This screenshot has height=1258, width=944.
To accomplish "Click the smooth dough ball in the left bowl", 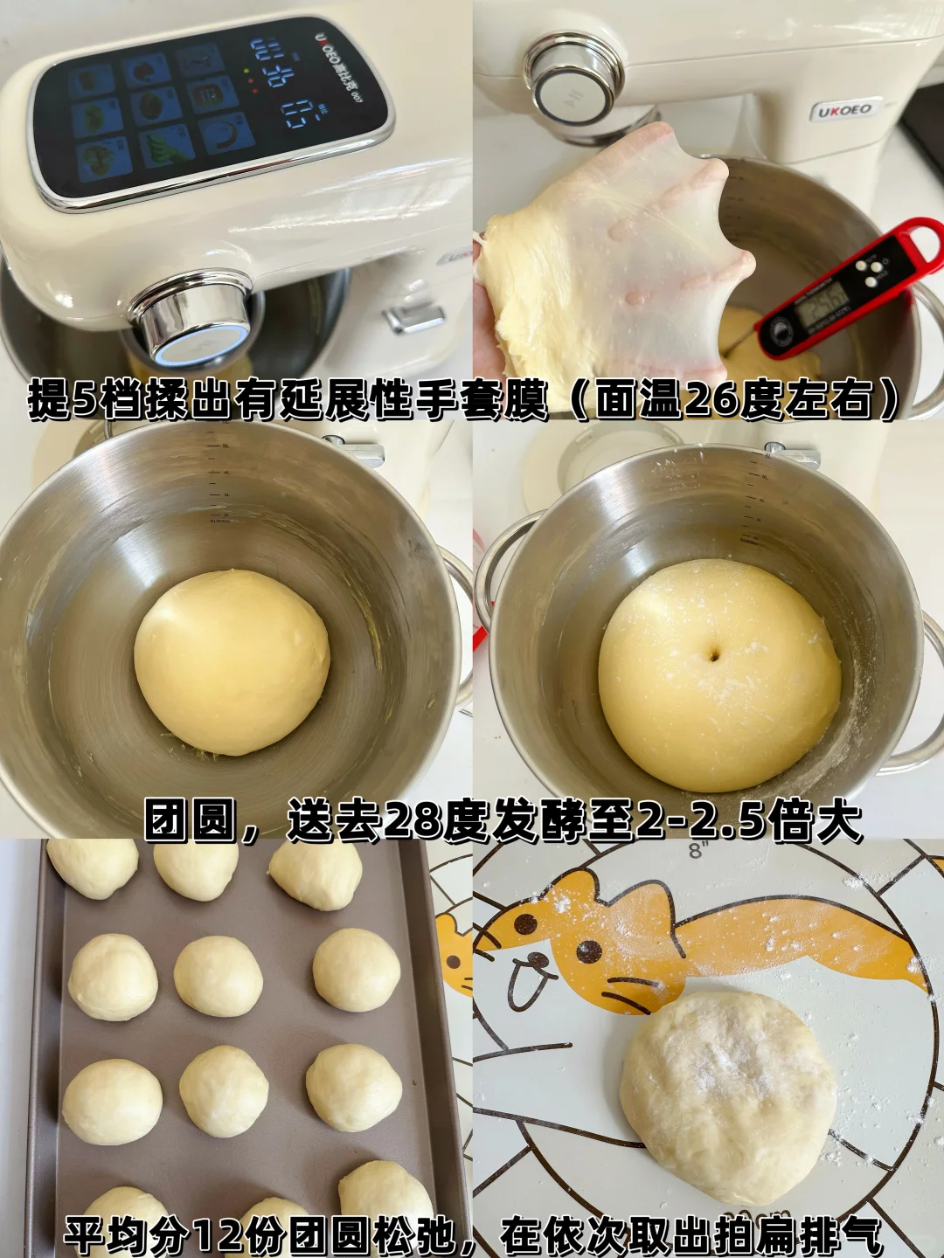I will tap(232, 661).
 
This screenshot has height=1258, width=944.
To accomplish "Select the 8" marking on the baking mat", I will tap(697, 850).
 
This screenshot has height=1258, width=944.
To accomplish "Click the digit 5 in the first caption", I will tap(86, 400).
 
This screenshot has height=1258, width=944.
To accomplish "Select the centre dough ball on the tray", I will tap(218, 976).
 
